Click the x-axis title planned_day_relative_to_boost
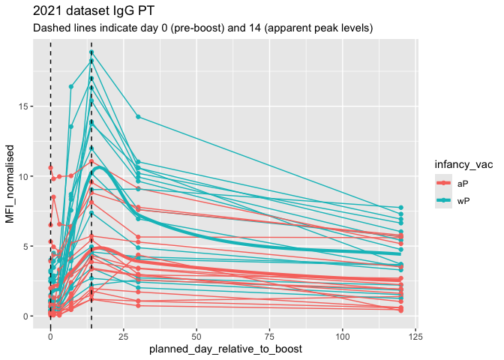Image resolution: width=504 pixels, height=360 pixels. [225, 349]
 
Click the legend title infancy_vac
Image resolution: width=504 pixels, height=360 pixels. [463, 166]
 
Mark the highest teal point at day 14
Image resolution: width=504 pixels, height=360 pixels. [91, 52]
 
